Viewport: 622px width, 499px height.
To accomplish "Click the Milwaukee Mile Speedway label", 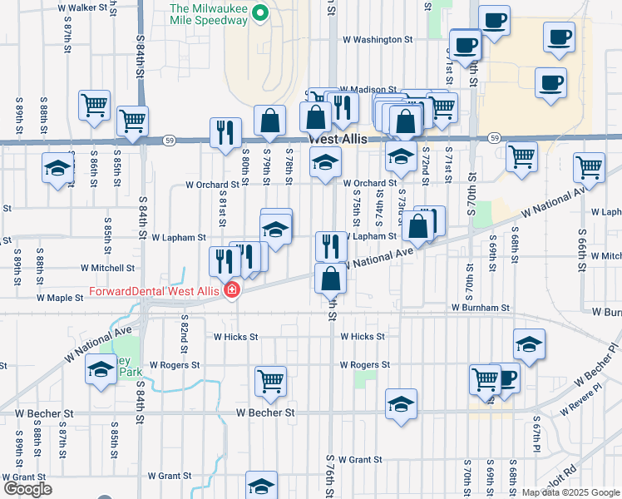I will (209, 15).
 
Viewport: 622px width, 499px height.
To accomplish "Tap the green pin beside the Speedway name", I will (259, 12).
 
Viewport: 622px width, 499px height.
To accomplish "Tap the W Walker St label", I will (83, 7).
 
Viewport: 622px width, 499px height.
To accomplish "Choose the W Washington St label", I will (378, 39).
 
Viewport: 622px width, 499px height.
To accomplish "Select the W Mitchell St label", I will (107, 269).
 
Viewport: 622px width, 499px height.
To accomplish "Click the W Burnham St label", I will (481, 308).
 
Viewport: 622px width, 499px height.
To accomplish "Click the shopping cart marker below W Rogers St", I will (270, 382).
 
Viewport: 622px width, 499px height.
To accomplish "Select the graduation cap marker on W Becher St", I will (401, 404).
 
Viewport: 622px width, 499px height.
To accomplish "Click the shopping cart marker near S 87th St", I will (94, 106).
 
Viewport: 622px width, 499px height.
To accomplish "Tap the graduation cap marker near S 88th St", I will (57, 166).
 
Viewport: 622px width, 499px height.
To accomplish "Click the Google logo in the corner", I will (27, 489).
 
